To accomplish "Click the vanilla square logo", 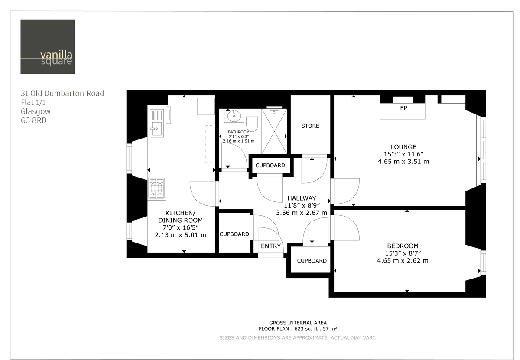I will tap(48, 47).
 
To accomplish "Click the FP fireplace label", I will tap(403, 107).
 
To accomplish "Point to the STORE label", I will tap(310, 126).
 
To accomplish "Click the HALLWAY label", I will tap(302, 198).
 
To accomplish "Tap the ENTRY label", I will tap(271, 246).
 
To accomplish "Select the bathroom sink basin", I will tap(234, 116).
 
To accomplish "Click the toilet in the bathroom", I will tap(252, 122).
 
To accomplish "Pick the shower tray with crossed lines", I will tap(274, 131).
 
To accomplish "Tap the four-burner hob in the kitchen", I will tap(156, 188).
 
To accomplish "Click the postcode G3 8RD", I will tap(33, 120).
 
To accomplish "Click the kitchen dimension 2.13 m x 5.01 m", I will tap(180, 235).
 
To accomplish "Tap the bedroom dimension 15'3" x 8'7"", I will tap(403, 253).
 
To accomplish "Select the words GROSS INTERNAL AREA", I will tap(298, 323).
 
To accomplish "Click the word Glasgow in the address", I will tap(36, 111).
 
